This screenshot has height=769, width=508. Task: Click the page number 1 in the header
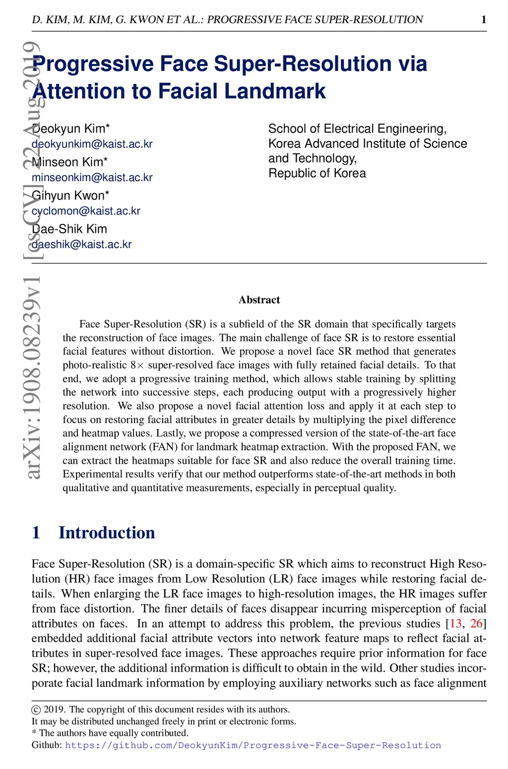(484, 20)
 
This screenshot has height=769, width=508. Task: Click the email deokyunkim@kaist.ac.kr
(92, 144)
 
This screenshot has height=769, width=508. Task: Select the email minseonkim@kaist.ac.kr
(92, 177)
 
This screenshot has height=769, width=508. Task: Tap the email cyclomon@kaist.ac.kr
(86, 211)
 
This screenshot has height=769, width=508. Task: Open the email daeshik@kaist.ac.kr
(81, 244)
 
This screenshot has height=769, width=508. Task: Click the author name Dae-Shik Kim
(69, 229)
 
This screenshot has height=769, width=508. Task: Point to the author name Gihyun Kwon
(70, 196)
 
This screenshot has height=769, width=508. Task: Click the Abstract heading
(259, 300)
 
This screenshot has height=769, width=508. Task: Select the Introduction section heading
(107, 533)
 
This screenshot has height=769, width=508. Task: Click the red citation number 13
(455, 624)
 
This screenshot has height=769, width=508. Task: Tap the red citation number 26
(476, 624)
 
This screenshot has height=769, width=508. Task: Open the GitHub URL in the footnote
(253, 745)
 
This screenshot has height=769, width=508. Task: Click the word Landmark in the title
(275, 91)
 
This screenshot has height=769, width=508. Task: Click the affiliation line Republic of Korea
(317, 173)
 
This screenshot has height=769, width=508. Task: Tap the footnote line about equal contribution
(110, 733)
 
